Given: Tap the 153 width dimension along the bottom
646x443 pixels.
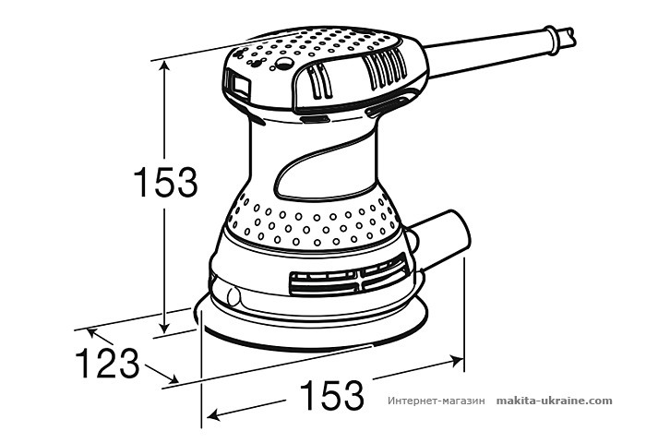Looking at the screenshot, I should pos(330,396).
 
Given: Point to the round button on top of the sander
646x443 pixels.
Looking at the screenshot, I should pos(284,65).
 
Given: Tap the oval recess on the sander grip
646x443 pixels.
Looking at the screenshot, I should pos(318,174).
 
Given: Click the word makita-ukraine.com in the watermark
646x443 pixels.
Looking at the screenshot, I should pos(554,401).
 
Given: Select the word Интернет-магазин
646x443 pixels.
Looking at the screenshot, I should pos(436,401).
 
